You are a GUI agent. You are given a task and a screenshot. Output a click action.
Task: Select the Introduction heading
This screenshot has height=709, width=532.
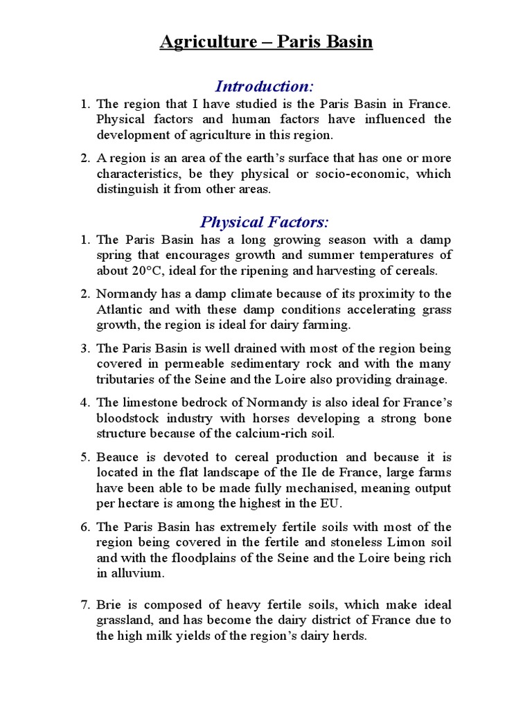264,87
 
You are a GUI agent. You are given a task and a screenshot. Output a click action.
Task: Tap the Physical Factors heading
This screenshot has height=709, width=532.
264,222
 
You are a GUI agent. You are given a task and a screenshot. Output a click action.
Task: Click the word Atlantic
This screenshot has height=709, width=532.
118,309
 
